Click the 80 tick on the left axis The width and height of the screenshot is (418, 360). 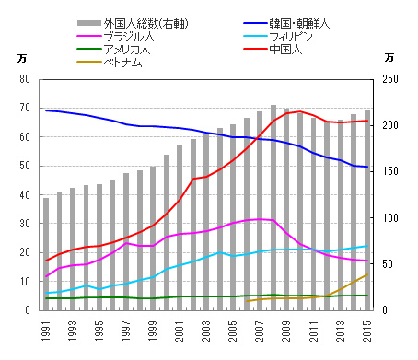(25, 79)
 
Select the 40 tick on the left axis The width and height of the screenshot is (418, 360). (25, 195)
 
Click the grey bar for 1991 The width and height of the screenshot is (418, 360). (46, 258)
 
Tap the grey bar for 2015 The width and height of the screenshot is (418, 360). (367, 212)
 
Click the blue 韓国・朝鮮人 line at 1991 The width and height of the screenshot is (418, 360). (46, 110)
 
